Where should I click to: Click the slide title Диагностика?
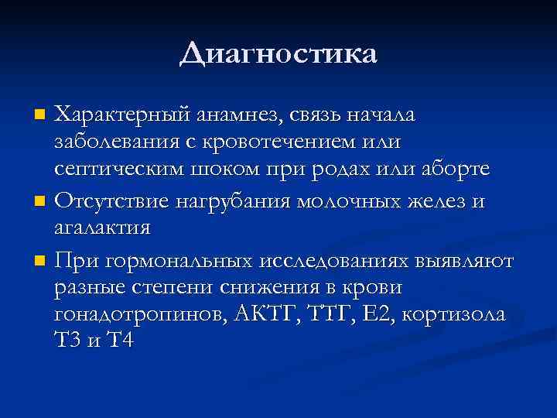click(278, 54)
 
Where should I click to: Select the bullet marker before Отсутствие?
click(41, 202)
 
